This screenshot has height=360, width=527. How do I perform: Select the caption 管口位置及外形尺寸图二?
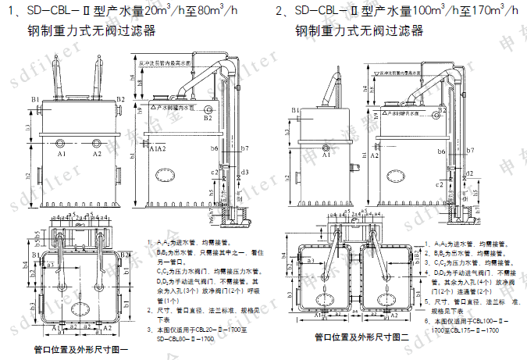pos(361,338)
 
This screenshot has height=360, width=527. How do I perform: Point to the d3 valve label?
pos(245,171)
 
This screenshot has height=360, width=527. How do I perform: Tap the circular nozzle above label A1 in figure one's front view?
pos(62,144)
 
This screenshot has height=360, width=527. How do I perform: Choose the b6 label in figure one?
pos(213,147)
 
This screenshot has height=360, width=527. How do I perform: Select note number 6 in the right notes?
pos(426,320)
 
